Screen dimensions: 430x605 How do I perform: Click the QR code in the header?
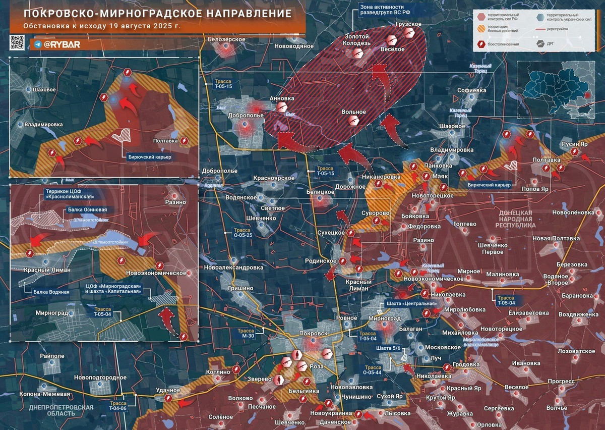[17, 42]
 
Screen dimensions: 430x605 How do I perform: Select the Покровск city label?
[313, 334]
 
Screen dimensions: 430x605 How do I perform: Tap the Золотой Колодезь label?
[357, 40]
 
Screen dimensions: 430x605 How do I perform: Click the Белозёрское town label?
[226, 39]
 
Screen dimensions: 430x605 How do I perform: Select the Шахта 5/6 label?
[389, 349]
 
